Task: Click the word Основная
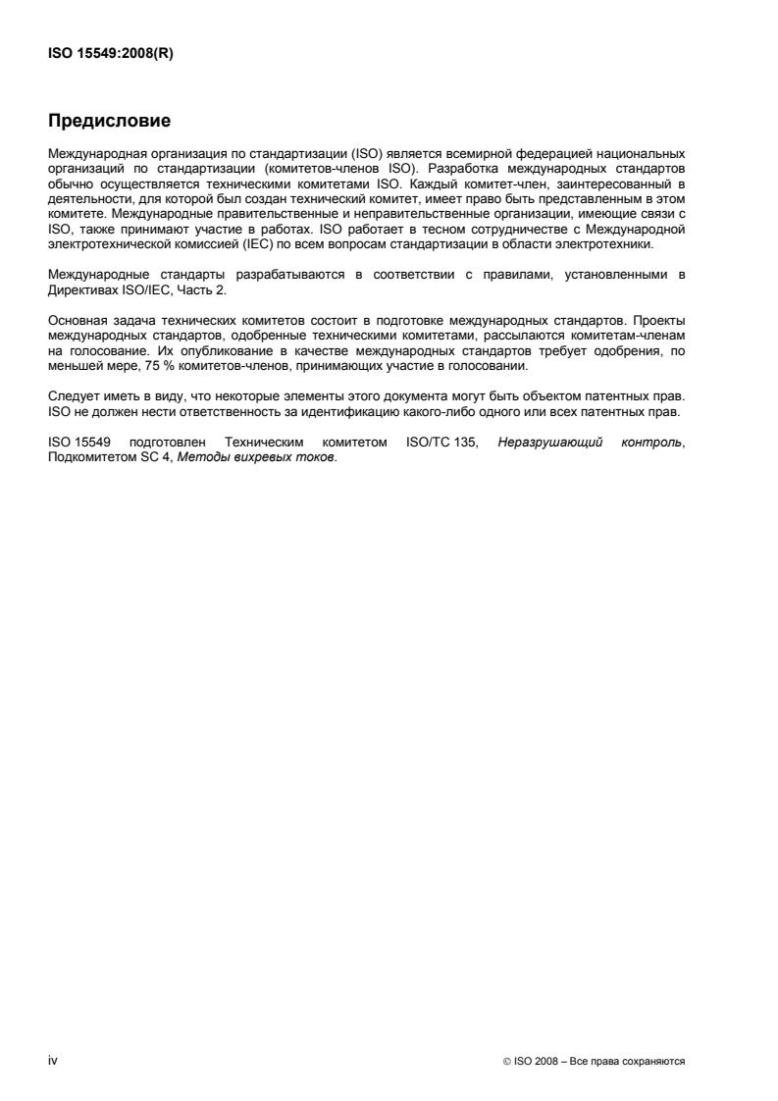click(77, 320)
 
